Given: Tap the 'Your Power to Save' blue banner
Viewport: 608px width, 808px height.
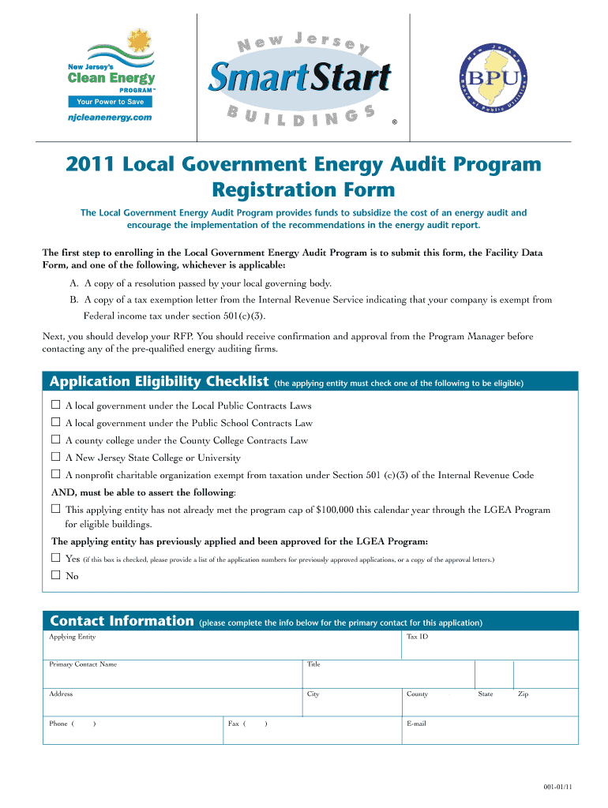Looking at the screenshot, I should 111,102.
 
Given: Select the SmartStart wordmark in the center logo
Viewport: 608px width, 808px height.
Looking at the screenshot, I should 299,78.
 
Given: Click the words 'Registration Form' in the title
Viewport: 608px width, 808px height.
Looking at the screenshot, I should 303,190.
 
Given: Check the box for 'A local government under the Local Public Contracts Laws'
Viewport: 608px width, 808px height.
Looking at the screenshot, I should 56,406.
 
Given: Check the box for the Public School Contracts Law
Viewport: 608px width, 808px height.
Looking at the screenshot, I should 56,423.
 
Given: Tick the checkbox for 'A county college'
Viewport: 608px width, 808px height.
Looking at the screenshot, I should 56,440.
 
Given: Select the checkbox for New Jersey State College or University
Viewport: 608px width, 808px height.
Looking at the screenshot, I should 56,458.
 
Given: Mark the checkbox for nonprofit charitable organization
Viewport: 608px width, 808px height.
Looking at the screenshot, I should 56,475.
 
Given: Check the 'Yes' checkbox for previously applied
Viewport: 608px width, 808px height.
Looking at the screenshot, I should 56,559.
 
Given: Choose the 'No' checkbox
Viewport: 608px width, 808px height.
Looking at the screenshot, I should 56,576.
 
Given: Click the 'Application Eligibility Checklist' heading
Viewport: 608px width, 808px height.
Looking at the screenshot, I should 159,383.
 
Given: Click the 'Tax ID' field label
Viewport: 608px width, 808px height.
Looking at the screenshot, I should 417,637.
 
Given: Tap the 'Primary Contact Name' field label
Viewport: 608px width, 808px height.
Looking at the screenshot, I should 83,664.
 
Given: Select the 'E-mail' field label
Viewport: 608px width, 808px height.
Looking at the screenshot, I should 416,724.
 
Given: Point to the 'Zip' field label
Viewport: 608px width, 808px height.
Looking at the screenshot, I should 523,694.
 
